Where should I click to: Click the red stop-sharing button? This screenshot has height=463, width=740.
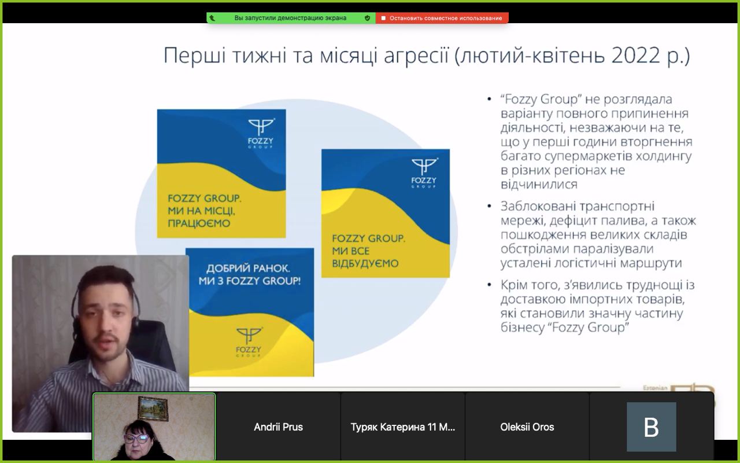(442, 18)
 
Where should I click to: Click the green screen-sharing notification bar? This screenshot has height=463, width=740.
(291, 18)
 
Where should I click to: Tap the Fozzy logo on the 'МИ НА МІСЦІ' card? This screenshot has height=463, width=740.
(261, 133)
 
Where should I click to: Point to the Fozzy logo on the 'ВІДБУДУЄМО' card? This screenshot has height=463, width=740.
(424, 172)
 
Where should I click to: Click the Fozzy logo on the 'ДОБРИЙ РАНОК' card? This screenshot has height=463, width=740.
(249, 342)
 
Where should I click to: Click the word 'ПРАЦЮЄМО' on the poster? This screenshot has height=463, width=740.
(199, 223)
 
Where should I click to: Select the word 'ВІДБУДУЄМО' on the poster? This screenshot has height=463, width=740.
(365, 263)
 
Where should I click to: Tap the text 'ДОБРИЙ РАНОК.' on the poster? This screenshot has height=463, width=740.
(248, 268)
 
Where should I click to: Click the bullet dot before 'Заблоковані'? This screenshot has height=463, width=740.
(489, 207)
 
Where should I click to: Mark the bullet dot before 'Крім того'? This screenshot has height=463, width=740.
(489, 285)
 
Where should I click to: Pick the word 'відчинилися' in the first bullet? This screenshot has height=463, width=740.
(539, 184)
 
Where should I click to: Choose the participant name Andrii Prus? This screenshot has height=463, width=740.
(278, 427)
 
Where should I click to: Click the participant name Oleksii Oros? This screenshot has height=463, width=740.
(527, 427)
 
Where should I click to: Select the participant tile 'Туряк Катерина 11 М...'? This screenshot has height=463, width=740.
(403, 427)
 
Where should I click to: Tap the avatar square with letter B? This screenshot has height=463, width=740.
(651, 427)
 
